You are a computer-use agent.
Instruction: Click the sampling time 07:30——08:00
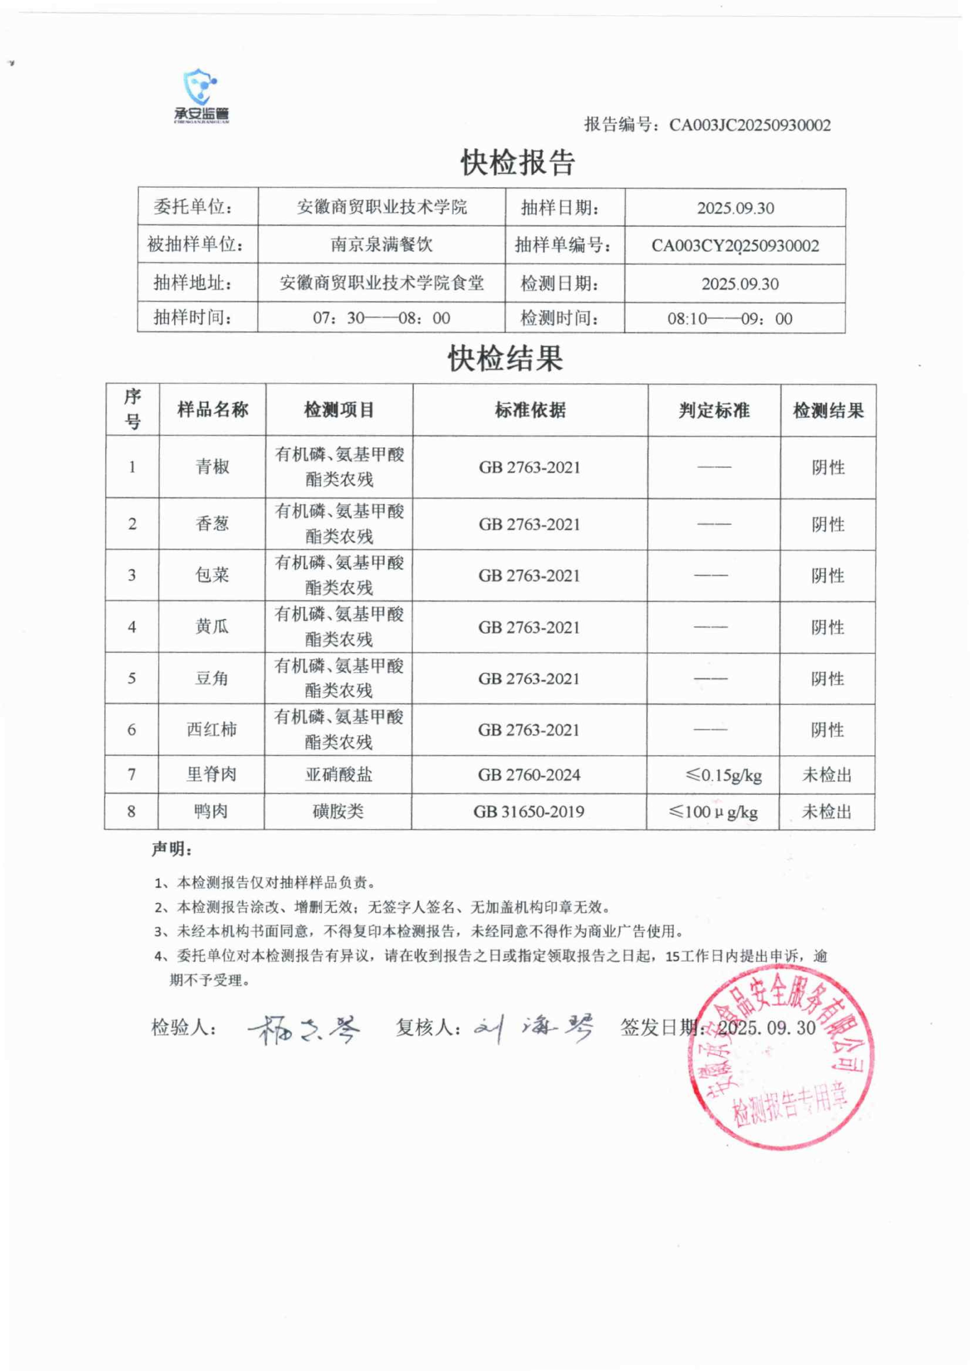[x=381, y=318]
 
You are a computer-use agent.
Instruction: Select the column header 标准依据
[x=530, y=410]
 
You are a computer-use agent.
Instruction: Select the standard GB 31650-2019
[x=529, y=811]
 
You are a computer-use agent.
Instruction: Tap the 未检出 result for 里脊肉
[x=827, y=775]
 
